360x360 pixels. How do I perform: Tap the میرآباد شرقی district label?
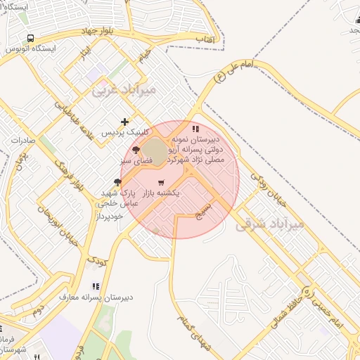click(x=270, y=225)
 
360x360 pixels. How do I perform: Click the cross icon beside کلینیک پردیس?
click(x=125, y=122)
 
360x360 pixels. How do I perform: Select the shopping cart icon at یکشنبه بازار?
click(x=162, y=192)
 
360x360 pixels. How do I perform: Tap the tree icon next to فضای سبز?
click(x=136, y=150)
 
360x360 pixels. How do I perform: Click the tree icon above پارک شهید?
click(x=117, y=181)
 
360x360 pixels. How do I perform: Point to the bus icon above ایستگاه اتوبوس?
click(x=30, y=38)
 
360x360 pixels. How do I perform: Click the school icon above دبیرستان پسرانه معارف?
click(x=96, y=286)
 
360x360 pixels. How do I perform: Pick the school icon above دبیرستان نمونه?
click(x=195, y=129)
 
